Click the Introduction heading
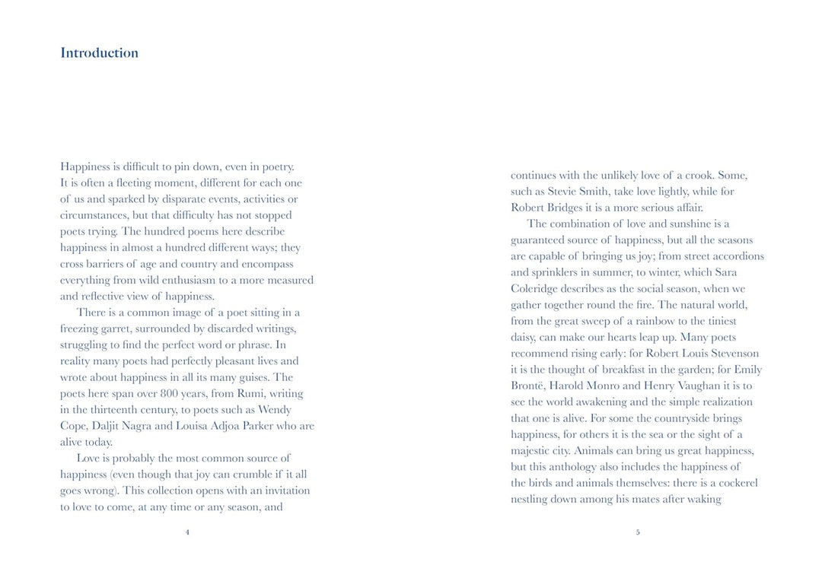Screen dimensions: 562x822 99,53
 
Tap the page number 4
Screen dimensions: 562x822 187,532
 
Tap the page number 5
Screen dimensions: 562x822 638,532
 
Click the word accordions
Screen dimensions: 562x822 734,256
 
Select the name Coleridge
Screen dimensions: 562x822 540,289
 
